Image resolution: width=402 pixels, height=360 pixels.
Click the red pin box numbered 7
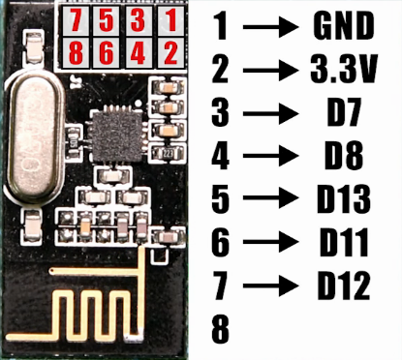click(x=74, y=20)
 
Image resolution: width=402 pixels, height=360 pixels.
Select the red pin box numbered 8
click(x=74, y=51)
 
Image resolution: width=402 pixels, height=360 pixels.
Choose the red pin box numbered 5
click(x=108, y=20)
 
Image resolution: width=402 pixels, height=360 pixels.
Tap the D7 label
click(x=343, y=113)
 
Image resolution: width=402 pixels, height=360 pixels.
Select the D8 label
click(x=343, y=156)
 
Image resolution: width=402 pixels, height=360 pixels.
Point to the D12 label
click(x=343, y=285)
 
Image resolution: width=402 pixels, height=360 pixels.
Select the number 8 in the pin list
click(x=222, y=329)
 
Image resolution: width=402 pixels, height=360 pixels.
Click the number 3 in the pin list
click(x=222, y=113)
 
